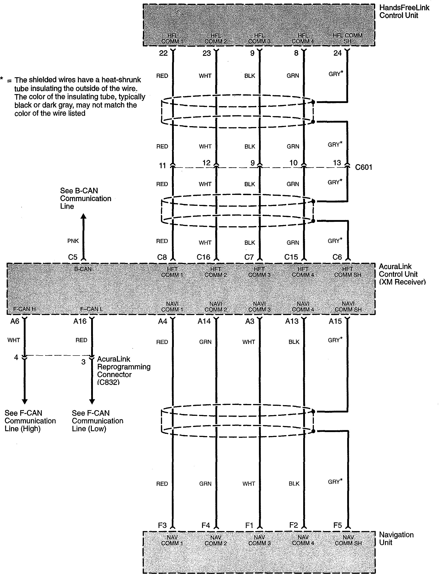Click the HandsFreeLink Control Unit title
404,12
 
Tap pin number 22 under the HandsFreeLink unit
163,53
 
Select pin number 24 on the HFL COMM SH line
337,53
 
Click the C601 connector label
363,167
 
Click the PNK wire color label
73,241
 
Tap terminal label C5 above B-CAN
73,257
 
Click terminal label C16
203,257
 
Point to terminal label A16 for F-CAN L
80,321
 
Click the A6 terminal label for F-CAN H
15,321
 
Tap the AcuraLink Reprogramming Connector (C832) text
123,371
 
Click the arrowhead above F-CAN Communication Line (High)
25,401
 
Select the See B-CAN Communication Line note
86,198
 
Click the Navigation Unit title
396,539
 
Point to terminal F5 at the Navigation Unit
337,525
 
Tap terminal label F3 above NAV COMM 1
162,525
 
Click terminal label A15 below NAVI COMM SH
335,321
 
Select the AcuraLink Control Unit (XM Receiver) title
402,274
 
